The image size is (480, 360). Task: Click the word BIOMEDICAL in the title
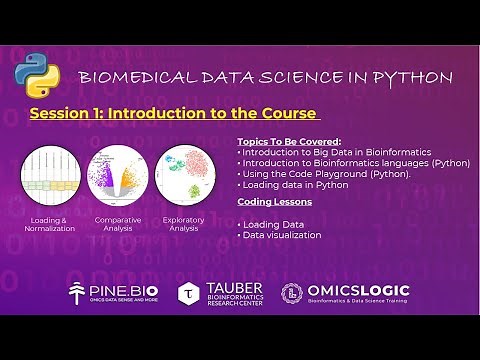[x=128, y=78]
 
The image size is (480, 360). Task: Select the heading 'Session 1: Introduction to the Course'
[x=173, y=113]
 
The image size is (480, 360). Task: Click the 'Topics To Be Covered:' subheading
[x=289, y=141]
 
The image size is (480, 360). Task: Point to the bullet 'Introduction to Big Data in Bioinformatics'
[x=325, y=152]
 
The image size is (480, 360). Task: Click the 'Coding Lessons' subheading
[x=274, y=201]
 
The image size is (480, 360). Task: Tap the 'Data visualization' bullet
[x=281, y=235]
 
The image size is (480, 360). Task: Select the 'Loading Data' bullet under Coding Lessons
[x=272, y=224]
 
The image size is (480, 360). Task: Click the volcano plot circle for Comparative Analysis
[x=117, y=174]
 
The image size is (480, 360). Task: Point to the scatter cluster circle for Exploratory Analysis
[x=185, y=174]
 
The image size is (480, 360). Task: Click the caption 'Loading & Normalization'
[x=49, y=224]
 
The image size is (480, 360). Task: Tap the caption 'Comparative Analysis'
[x=117, y=224]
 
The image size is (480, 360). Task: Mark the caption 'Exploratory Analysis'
[x=184, y=224]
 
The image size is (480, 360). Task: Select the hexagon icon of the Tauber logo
[x=189, y=293]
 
